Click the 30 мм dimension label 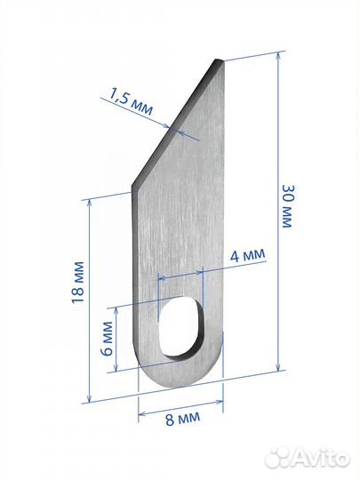(x=287, y=206)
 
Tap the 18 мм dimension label (x=77, y=283)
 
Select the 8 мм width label (x=183, y=418)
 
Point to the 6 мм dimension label (x=108, y=338)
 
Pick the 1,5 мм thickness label (x=131, y=101)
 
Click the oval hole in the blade (x=180, y=326)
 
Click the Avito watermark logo (x=307, y=459)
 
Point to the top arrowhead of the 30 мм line (x=278, y=56)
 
